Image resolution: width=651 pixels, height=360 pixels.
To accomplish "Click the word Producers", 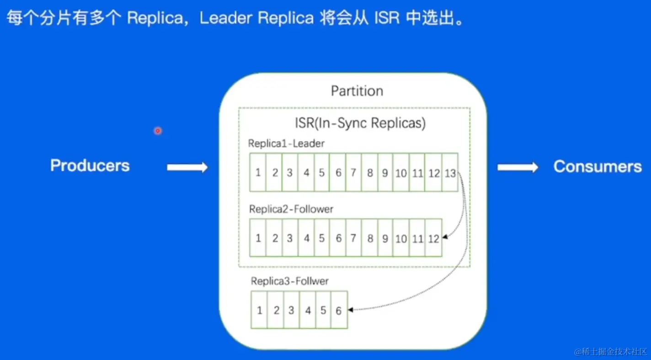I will [90, 166].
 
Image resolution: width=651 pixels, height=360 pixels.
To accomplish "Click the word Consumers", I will [598, 167].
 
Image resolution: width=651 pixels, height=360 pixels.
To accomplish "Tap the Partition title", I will [357, 91].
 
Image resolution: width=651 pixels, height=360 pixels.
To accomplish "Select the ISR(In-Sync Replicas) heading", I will [360, 124].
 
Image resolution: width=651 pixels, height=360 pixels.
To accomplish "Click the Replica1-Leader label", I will [286, 144].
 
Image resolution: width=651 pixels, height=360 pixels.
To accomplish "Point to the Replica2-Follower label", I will [291, 209].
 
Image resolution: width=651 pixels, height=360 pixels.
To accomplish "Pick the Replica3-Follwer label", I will [289, 281].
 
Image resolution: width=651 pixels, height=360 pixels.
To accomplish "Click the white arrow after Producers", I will [187, 167].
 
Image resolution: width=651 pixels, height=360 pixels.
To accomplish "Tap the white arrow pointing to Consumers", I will [518, 167].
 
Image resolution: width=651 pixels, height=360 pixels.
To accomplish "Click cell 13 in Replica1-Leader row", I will [450, 173].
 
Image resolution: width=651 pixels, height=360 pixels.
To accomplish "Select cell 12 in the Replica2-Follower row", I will [433, 238].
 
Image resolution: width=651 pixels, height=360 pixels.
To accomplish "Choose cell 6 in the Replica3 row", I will [339, 311].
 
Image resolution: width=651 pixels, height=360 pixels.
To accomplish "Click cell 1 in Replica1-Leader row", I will [258, 173].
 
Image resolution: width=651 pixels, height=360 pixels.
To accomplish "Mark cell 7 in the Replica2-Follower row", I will [353, 238].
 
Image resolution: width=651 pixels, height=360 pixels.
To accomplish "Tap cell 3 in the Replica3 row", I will [291, 311].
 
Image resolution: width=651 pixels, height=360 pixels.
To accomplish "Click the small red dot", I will [158, 131].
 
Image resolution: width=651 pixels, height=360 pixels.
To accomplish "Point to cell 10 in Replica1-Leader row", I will [401, 173].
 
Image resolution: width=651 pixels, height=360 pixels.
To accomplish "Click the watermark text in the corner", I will [611, 351].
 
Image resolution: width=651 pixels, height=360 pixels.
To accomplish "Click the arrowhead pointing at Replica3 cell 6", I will [351, 310].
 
